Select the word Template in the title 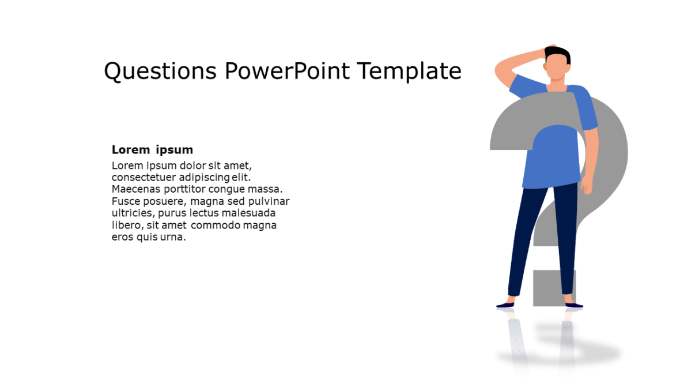409,72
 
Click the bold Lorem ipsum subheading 152,150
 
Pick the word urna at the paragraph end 175,238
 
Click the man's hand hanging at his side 586,185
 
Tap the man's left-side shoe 506,305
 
